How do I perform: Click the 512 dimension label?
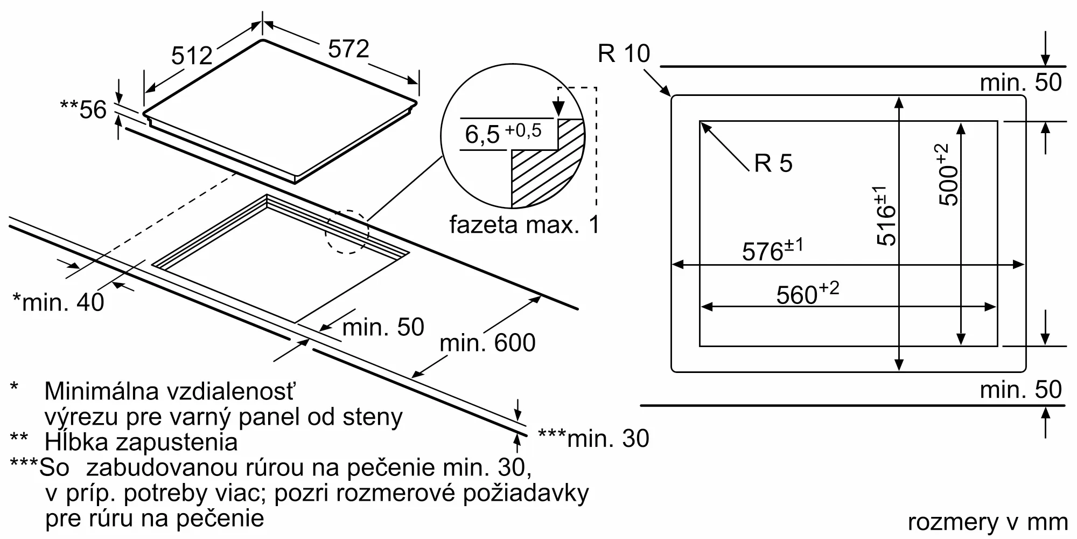[192, 56]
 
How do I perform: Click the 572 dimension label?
[348, 49]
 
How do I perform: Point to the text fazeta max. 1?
[524, 225]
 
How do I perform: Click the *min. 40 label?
[58, 302]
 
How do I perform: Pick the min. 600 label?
[487, 343]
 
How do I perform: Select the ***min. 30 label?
[593, 439]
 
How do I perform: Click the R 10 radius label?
[624, 53]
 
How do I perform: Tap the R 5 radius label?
[773, 163]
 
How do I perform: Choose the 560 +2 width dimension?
[807, 294]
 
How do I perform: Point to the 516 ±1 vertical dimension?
[885, 216]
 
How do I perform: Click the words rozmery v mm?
[988, 522]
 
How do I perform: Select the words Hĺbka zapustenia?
[141, 442]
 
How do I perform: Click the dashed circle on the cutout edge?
[347, 232]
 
